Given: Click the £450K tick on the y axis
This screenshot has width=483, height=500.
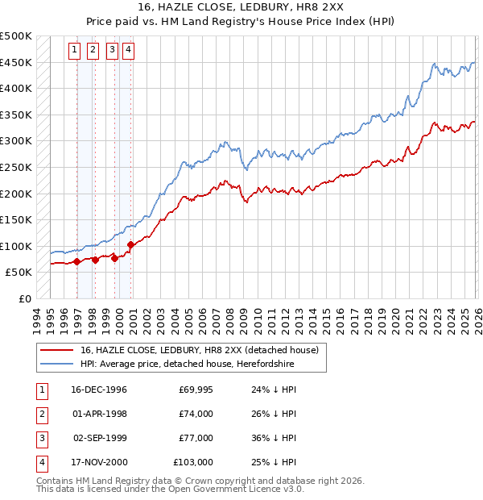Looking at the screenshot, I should [16, 63].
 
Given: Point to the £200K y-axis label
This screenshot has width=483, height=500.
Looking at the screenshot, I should [16, 194].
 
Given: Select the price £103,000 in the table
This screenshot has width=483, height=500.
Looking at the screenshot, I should [193, 462].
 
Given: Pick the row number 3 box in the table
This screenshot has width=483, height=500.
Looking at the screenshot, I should [40, 438].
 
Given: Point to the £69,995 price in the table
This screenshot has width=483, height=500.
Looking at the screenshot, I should [196, 390].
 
